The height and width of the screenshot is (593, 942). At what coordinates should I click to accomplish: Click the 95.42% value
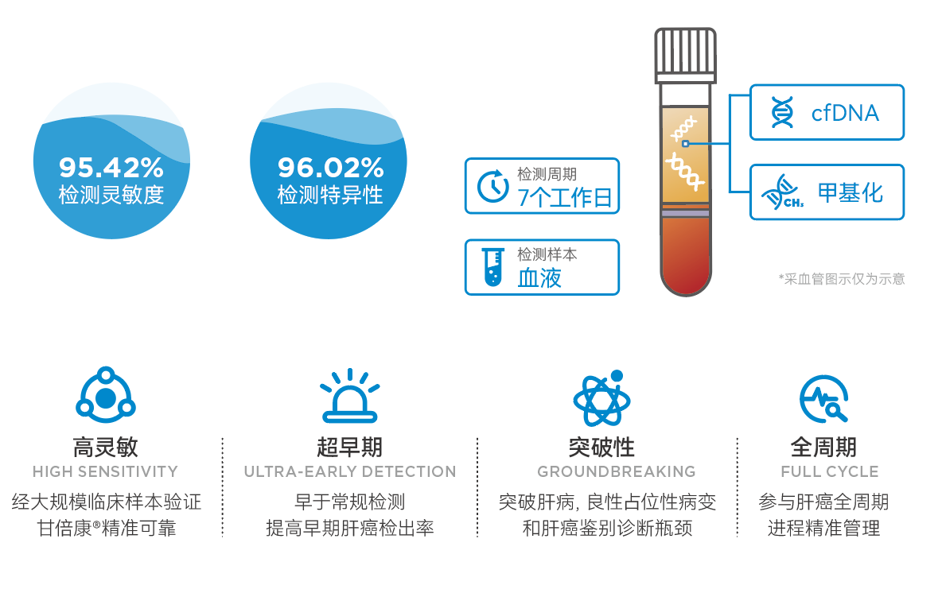(x=111, y=168)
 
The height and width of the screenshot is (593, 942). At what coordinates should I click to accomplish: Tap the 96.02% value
(x=330, y=168)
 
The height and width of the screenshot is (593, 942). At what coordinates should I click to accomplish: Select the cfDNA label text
(x=845, y=113)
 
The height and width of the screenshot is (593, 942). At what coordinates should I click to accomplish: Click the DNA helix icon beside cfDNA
(x=781, y=112)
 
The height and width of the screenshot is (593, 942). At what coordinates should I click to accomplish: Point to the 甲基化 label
(x=850, y=192)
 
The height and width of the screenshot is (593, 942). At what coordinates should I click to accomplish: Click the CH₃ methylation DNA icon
(x=782, y=192)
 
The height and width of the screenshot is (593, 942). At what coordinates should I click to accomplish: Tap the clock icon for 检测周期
(x=492, y=186)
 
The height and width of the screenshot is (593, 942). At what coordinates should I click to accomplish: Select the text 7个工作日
(x=565, y=197)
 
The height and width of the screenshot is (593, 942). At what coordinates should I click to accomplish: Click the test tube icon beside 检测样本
(x=493, y=266)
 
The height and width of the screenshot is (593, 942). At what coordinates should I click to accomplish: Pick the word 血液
(x=539, y=278)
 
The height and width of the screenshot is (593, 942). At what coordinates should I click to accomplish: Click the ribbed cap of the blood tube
(x=686, y=55)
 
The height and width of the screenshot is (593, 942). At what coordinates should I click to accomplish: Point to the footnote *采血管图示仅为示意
(x=842, y=278)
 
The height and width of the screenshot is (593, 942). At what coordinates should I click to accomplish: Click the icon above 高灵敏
(x=106, y=394)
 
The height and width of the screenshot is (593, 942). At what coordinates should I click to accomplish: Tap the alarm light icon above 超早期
(x=349, y=396)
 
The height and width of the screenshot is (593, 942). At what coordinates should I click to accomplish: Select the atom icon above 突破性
(x=602, y=398)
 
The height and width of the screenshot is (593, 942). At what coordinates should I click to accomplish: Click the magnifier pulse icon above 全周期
(x=823, y=398)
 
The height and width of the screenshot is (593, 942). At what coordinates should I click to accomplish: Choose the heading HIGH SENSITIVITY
(x=105, y=471)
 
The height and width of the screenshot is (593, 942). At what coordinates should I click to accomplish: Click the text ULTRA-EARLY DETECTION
(x=350, y=471)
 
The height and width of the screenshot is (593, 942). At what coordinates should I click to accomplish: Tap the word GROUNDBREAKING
(x=617, y=471)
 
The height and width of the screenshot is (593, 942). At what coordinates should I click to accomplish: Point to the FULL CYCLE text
(x=830, y=471)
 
